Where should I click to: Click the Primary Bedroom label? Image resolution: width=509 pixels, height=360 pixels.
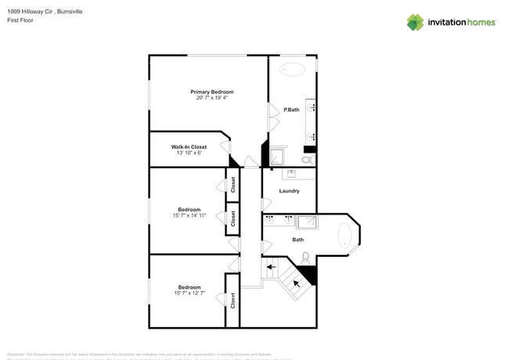pos(211,92)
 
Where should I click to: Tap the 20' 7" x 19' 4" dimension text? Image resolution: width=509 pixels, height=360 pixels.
pos(211,98)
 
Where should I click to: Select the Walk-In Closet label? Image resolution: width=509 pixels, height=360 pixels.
pos(189,146)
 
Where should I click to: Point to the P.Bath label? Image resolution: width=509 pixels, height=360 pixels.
pos(291,110)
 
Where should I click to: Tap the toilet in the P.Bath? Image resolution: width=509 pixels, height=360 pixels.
pos(306,160)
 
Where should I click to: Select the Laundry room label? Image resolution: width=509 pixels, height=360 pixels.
pos(289,191)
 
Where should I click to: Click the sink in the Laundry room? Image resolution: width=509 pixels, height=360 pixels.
pos(291,173)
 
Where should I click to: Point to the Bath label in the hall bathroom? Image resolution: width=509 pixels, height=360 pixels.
pos(298,240)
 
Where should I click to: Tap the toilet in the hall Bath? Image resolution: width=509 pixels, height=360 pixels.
pos(305,257)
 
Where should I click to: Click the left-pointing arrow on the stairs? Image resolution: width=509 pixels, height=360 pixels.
pos(271,267)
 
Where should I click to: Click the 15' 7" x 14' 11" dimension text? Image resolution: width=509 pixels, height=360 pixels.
pos(189,215)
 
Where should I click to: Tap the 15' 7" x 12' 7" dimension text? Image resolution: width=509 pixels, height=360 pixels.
pos(189,293)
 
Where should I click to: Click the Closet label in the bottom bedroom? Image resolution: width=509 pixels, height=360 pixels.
pos(233,301)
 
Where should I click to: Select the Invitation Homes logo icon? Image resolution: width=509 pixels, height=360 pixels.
pos(414,22)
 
